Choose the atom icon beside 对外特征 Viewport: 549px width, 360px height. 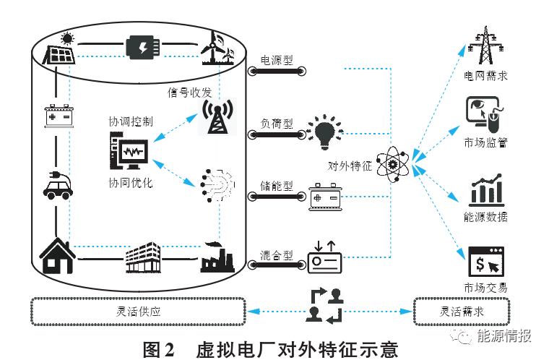[x=393, y=166]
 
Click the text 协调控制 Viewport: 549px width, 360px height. [x=130, y=121]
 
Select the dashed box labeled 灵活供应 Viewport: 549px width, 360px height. [x=137, y=312]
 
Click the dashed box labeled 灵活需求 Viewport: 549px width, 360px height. [x=462, y=312]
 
